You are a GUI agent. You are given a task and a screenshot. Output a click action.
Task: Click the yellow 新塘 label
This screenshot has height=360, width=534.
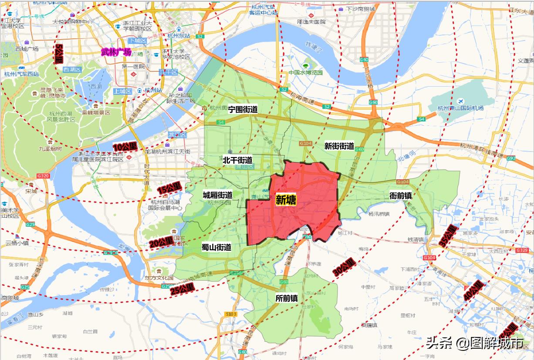pyautogui.click(x=286, y=200)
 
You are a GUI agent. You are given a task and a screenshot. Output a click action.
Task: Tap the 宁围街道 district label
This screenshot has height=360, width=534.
pyautogui.click(x=243, y=109)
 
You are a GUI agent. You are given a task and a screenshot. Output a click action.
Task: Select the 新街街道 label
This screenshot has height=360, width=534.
pyautogui.click(x=339, y=146)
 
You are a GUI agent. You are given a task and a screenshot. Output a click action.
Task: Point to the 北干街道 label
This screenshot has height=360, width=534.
pyautogui.click(x=237, y=160)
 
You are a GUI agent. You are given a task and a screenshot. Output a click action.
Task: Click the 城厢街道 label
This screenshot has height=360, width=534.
pyautogui.click(x=217, y=195)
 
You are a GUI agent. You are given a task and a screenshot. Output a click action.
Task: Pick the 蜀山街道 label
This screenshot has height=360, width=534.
pyautogui.click(x=216, y=247)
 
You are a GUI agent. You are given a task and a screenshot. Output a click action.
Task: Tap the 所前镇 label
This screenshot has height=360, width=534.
pyautogui.click(x=287, y=298)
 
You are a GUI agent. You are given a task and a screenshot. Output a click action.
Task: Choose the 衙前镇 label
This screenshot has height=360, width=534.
pyautogui.click(x=401, y=196)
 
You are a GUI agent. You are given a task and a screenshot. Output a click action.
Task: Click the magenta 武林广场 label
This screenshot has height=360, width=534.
pyautogui.click(x=116, y=52)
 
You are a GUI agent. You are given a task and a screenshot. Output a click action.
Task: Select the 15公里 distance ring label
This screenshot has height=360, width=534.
pyautogui.click(x=169, y=188)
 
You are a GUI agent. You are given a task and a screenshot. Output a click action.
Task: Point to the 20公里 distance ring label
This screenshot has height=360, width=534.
pyautogui.click(x=161, y=242)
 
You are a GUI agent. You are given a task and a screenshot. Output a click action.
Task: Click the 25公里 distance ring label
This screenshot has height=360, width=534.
pyautogui.click(x=182, y=288)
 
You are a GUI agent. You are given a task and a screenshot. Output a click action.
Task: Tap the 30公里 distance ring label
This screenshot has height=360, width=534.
pyautogui.click(x=344, y=267)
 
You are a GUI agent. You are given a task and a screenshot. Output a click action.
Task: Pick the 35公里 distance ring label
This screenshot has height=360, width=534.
pyautogui.click(x=449, y=236)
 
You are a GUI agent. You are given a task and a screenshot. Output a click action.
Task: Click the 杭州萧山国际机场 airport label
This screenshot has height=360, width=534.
pyautogui.click(x=460, y=108)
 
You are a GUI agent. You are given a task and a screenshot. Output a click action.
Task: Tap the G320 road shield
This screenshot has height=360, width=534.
pyautogui.click(x=44, y=176)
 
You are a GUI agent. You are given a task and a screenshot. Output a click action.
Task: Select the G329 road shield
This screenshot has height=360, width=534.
pyautogui.click(x=521, y=250)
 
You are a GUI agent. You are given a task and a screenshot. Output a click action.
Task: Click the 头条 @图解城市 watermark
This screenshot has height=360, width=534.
pyautogui.click(x=474, y=343)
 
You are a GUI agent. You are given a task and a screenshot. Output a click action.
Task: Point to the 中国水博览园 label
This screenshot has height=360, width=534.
pyautogui.click(x=305, y=73)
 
